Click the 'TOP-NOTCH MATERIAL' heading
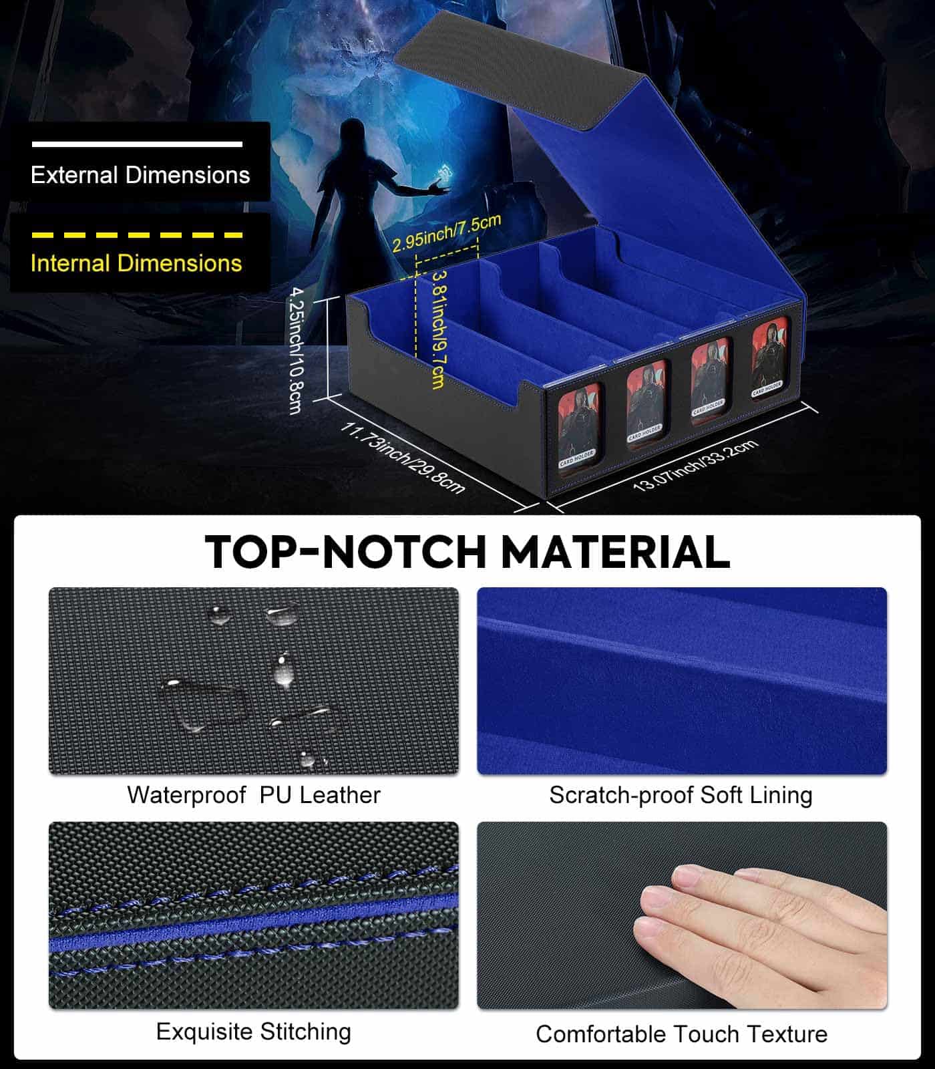pyautogui.click(x=467, y=552)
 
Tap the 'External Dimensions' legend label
pyautogui.click(x=140, y=175)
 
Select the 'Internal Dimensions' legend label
pyautogui.click(x=136, y=263)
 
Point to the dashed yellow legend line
pyautogui.click(x=137, y=235)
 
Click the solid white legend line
pyautogui.click(x=137, y=144)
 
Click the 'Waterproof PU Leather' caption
pyautogui.click(x=254, y=795)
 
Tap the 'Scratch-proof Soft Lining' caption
pyautogui.click(x=681, y=795)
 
